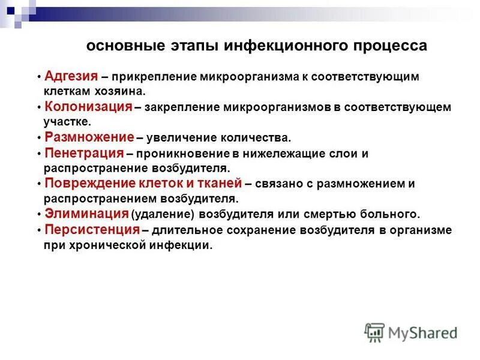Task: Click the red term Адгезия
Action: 71,76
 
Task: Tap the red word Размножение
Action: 89,137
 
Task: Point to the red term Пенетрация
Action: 84,153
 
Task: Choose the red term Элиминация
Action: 86,214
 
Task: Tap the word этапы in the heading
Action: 191,46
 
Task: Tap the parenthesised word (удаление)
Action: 158,214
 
